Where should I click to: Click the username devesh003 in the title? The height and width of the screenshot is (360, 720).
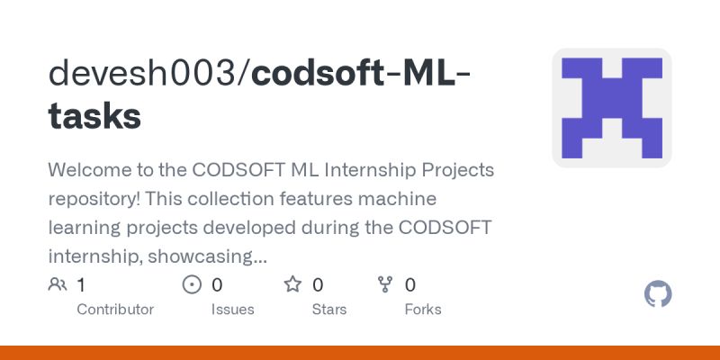[145, 73]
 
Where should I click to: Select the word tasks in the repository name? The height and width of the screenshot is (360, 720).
[94, 116]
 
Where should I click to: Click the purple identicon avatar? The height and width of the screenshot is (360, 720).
[612, 107]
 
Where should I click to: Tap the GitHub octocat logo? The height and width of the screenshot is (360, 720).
[659, 294]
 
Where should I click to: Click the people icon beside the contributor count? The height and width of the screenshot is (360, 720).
[58, 285]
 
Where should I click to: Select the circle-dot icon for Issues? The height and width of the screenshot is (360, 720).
[192, 285]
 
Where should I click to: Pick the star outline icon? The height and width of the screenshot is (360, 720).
[292, 285]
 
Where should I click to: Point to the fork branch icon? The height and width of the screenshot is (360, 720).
[386, 285]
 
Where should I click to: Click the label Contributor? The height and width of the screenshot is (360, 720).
[115, 309]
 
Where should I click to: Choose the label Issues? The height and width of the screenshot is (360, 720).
[232, 309]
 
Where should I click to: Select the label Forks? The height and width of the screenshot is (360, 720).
[423, 309]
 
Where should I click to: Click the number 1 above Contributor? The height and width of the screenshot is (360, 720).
[81, 285]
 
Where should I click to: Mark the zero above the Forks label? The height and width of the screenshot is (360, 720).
[410, 285]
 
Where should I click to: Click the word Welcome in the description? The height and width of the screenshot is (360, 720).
[88, 169]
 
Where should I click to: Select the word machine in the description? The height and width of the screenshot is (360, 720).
[393, 198]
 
